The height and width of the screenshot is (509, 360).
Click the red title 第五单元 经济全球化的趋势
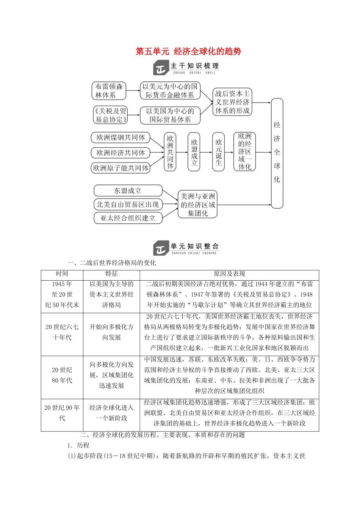pyautogui.click(x=188, y=52)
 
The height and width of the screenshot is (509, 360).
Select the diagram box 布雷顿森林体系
pyautogui.click(x=109, y=91)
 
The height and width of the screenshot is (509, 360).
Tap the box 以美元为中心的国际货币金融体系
pyautogui.click(x=170, y=91)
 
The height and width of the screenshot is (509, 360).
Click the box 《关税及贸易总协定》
pyautogui.click(x=110, y=115)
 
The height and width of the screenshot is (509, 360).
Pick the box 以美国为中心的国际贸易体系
pyautogui.click(x=170, y=115)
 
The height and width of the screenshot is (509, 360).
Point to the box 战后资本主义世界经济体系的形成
pyautogui.click(x=232, y=102)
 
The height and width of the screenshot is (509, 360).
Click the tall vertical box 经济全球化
pyautogui.click(x=277, y=153)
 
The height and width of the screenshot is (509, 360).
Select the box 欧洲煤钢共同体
pyautogui.click(x=121, y=137)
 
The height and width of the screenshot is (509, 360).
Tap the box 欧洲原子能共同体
pyautogui.click(x=121, y=168)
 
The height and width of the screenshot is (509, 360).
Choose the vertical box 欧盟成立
pyautogui.click(x=194, y=152)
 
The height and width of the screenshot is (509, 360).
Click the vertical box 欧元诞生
pyautogui.click(x=218, y=152)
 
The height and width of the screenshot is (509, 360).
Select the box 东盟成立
pyautogui.click(x=128, y=190)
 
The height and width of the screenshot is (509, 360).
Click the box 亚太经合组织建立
pyautogui.click(x=128, y=218)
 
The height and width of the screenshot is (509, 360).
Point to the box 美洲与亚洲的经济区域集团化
pyautogui.click(x=197, y=205)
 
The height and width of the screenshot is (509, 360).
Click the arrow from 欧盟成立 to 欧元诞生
pyautogui.click(x=206, y=152)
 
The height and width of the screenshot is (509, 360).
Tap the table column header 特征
pyautogui.click(x=111, y=274)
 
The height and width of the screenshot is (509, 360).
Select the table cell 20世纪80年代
pyautogui.click(x=62, y=375)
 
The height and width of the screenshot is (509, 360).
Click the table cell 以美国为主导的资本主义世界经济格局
pyautogui.click(x=111, y=294)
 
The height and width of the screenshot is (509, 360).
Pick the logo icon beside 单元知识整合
pyautogui.click(x=160, y=248)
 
